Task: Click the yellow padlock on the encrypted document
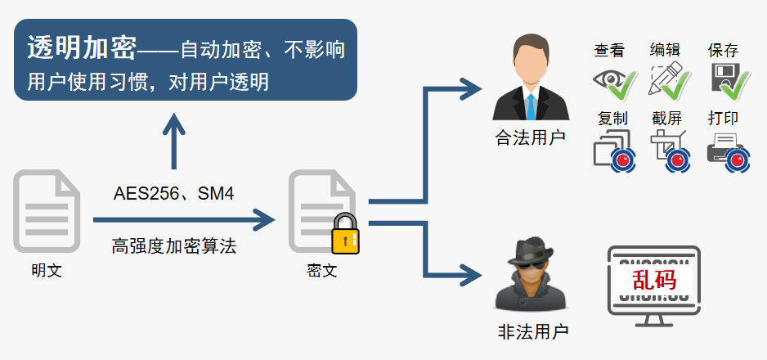point(345,234)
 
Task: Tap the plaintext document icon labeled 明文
point(47,211)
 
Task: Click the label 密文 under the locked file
point(322,270)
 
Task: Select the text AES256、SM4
point(173,194)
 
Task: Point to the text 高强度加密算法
point(174,246)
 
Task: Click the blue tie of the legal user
point(531,106)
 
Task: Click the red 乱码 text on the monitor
point(654,280)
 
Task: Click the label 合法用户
point(531,137)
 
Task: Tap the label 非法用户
point(532,332)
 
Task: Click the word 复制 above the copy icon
point(612,118)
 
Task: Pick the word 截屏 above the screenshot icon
point(666,118)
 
